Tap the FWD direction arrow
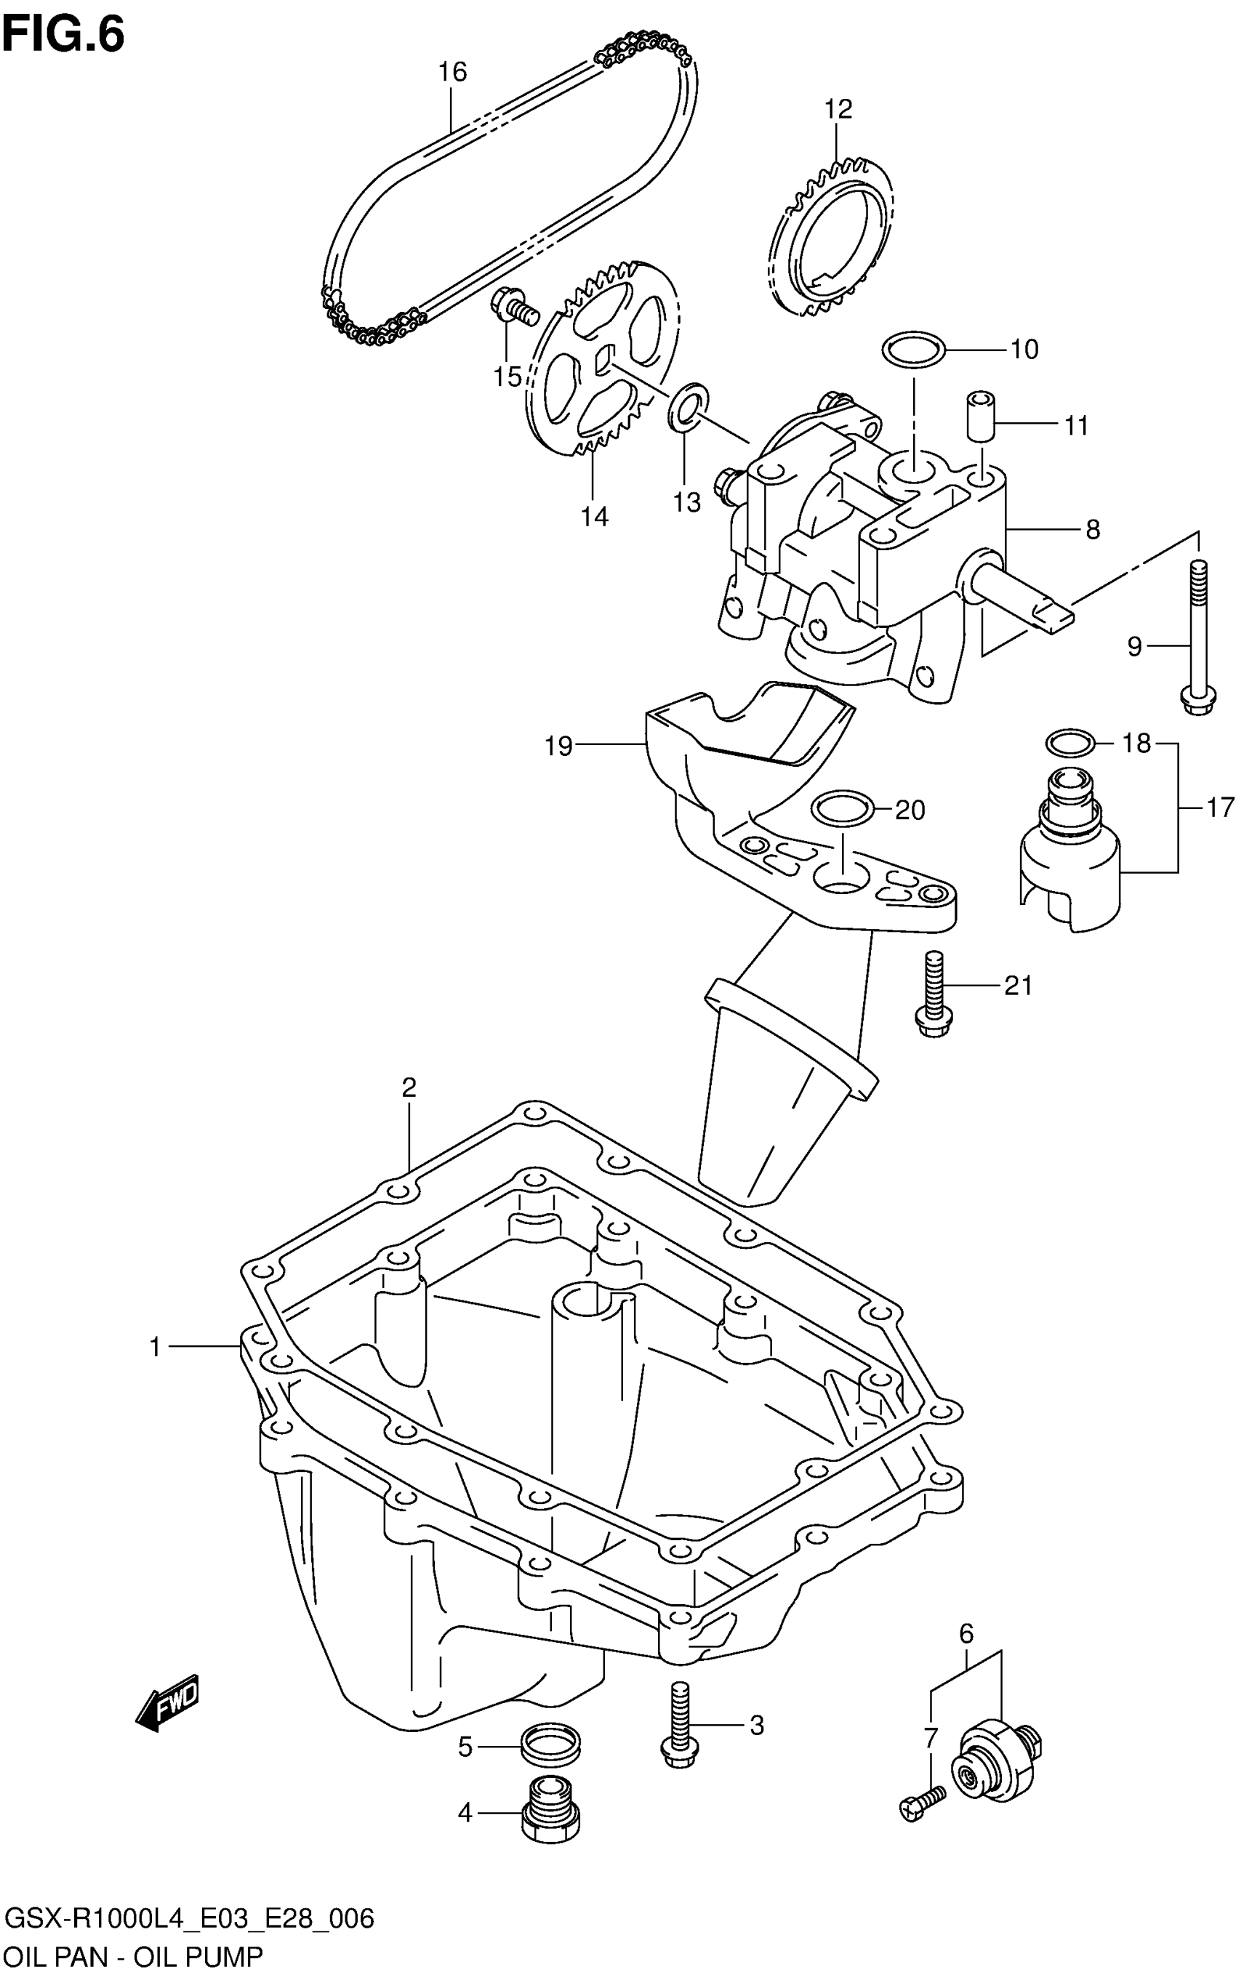[167, 1705]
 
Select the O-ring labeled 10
[914, 350]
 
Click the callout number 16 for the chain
[452, 72]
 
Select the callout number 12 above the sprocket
[838, 110]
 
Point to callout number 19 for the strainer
[559, 745]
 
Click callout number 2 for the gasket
[409, 1087]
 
